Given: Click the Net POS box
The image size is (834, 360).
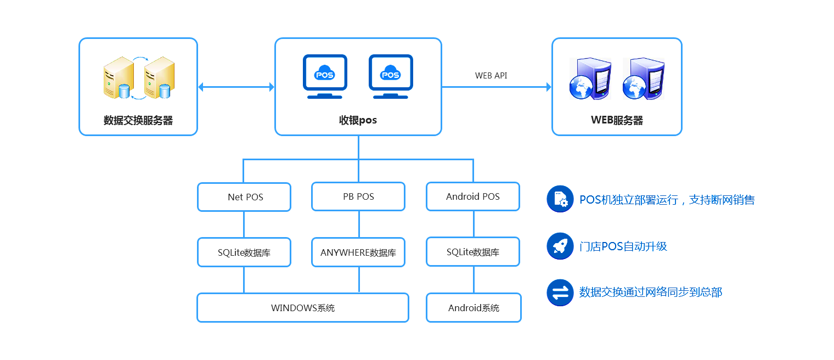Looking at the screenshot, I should [244, 197].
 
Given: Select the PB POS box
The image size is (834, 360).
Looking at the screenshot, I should [358, 197].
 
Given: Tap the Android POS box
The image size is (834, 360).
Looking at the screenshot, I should [473, 197].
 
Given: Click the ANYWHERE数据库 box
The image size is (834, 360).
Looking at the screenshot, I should [358, 252].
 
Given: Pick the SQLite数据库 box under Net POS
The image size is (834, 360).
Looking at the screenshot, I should [244, 252].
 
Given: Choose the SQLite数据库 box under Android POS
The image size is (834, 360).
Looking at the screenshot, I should [473, 252].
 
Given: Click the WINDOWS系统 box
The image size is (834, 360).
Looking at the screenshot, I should [303, 308].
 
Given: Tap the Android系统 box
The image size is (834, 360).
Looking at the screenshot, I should [474, 308].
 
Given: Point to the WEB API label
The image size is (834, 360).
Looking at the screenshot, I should [491, 76].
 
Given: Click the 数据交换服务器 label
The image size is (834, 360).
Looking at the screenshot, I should [138, 121].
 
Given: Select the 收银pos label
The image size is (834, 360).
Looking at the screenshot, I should [358, 121].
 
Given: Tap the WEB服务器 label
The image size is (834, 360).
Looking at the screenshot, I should [617, 121].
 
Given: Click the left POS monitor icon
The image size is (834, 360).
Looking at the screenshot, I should [325, 76].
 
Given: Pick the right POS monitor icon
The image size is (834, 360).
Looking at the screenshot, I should [391, 76].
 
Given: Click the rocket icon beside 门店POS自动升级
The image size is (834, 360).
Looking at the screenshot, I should [560, 246].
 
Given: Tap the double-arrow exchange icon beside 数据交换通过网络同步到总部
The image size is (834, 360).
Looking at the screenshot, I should [560, 292].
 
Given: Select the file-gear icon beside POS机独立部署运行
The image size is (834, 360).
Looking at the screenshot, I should [560, 199].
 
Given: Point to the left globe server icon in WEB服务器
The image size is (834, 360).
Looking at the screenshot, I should [590, 79].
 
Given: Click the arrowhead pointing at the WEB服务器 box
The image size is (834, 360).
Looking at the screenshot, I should [548, 87].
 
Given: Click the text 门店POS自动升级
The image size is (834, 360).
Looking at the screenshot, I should [623, 246].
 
